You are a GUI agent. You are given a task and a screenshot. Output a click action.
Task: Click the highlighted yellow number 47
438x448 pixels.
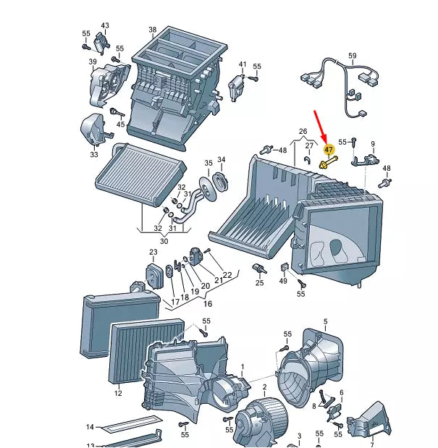[x=329, y=149]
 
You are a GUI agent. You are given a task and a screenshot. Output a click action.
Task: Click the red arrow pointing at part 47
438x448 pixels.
[x=321, y=127]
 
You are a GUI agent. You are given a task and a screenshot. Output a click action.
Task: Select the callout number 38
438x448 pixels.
[x=153, y=30]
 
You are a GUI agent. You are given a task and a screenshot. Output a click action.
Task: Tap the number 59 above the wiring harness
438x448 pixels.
[x=353, y=56]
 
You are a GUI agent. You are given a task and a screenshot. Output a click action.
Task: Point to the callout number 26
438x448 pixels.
[x=303, y=131]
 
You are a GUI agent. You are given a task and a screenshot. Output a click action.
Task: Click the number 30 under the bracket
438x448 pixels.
[x=164, y=241]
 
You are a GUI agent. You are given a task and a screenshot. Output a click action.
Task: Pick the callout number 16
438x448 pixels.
[x=208, y=303]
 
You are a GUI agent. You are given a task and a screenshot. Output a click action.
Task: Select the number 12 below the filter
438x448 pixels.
[x=118, y=393]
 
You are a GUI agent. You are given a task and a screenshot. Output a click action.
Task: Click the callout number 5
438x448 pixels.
[x=326, y=322]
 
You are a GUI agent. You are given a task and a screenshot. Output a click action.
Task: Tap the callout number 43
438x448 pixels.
[x=105, y=25]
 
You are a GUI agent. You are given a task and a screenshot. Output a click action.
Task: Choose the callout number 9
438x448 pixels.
[x=373, y=144]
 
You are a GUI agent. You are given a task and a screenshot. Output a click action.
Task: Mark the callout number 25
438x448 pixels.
[x=259, y=283]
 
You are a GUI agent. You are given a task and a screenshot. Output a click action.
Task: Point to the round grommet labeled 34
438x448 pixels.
[x=220, y=182]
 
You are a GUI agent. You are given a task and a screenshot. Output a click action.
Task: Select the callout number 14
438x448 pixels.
[x=90, y=427]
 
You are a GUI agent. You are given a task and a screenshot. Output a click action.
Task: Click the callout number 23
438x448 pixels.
[x=153, y=252]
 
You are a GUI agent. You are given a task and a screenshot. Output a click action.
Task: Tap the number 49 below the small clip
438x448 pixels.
[x=283, y=281]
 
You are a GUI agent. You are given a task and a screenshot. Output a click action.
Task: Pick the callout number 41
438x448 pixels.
[x=243, y=64]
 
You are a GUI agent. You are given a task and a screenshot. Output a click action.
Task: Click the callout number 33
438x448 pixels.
[x=94, y=154]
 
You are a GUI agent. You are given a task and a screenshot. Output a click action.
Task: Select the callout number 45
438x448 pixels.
[x=121, y=124]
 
